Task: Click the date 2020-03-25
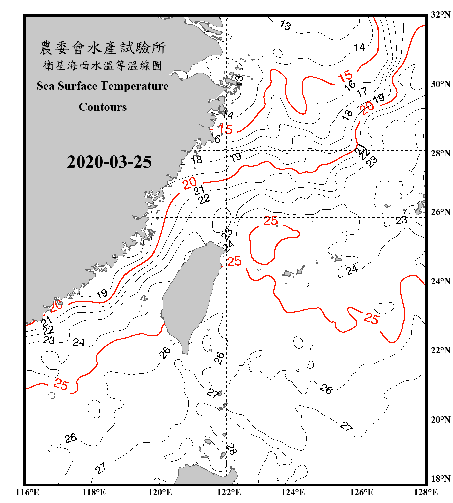pos(109,162)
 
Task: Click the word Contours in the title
pos(103,107)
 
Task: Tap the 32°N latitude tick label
pos(440,15)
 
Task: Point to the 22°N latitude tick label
pos(440,350)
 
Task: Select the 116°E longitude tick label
pos(28,492)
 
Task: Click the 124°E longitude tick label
pos(293,492)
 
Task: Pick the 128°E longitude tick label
pos(425,492)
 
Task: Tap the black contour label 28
pos(231,448)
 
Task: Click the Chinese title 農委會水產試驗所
pos(103,48)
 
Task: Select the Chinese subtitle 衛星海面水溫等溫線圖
pos(103,65)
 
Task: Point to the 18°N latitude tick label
pos(440,479)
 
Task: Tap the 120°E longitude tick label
pos(160,492)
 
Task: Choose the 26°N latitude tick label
pos(440,212)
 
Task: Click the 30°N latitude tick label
pos(440,84)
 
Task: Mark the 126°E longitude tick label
pos(361,492)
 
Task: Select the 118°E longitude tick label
pos(94,492)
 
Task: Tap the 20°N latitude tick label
pos(440,420)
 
